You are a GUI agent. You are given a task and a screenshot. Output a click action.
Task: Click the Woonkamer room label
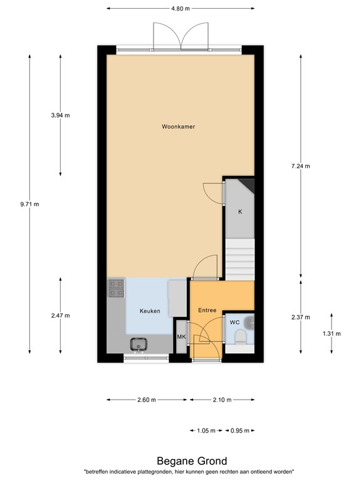(x=179, y=127)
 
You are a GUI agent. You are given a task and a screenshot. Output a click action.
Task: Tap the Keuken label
(x=150, y=311)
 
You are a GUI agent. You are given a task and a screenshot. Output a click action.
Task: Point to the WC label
(x=234, y=322)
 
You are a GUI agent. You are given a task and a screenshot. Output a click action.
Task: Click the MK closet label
(x=181, y=337)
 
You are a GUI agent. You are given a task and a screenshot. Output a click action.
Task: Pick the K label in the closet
(x=239, y=212)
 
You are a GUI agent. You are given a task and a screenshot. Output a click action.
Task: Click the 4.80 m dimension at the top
(x=180, y=8)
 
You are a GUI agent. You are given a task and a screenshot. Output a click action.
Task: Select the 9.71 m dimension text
(x=29, y=204)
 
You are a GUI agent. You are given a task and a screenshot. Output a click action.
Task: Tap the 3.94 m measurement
(x=60, y=115)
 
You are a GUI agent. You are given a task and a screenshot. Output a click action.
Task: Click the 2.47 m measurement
(x=60, y=316)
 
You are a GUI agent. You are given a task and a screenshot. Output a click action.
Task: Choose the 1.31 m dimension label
(x=332, y=333)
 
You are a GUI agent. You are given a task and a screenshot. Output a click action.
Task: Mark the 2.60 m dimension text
(x=148, y=400)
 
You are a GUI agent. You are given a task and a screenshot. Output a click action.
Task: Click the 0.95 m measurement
(x=240, y=430)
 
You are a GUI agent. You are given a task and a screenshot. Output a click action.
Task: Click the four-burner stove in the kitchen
(x=116, y=287)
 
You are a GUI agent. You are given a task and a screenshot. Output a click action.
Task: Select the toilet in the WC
(x=239, y=339)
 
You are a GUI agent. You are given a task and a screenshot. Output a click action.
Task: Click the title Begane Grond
(x=180, y=462)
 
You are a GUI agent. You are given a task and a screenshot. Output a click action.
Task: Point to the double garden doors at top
(x=181, y=36)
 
